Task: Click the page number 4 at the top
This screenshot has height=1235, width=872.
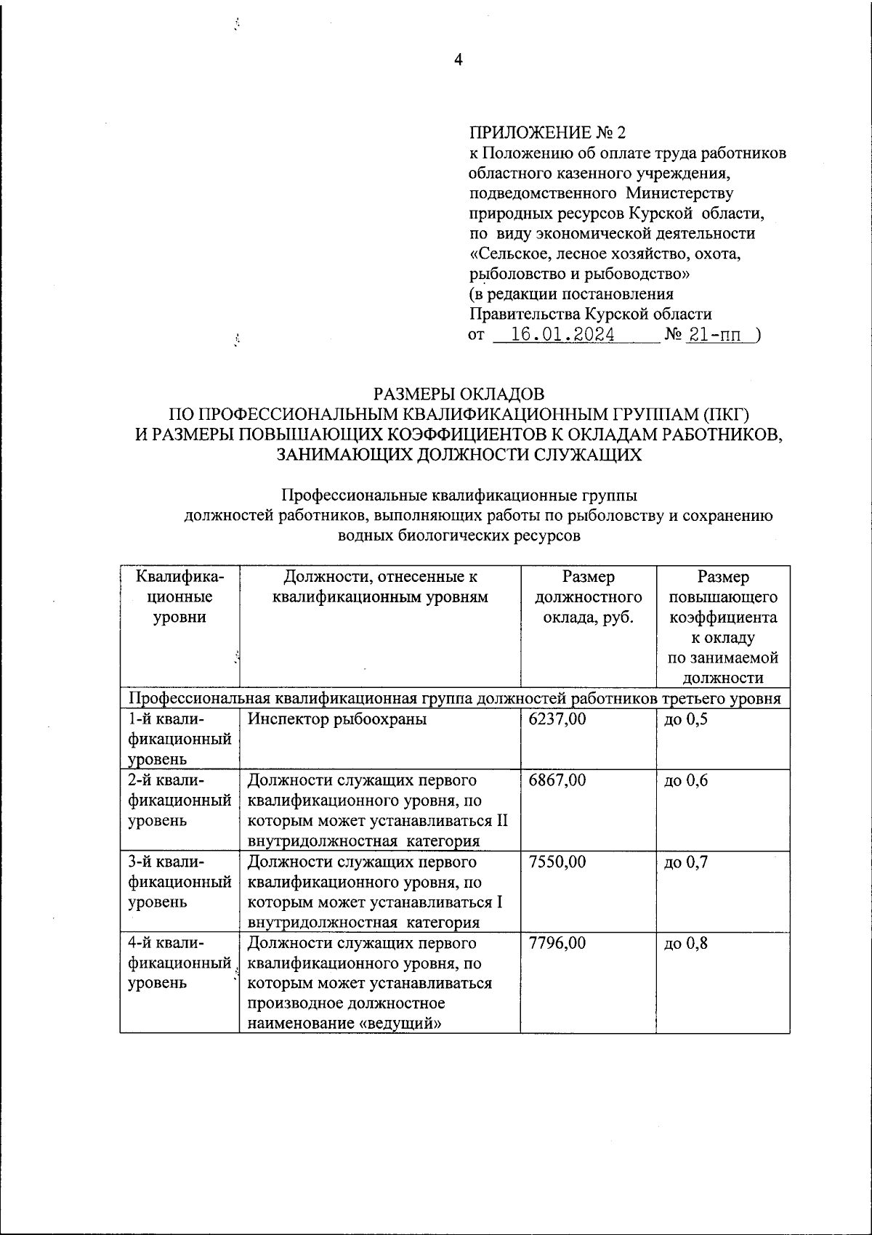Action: point(458,61)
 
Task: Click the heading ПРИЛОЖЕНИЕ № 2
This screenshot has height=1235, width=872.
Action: point(546,133)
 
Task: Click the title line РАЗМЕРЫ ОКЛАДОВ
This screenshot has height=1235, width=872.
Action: point(458,394)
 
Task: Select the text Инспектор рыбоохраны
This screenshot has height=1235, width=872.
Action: point(337,720)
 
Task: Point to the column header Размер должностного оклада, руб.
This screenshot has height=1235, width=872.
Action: point(588,597)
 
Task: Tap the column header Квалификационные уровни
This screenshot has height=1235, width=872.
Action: point(179,597)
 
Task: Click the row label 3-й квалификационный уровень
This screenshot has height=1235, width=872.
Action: point(179,882)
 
